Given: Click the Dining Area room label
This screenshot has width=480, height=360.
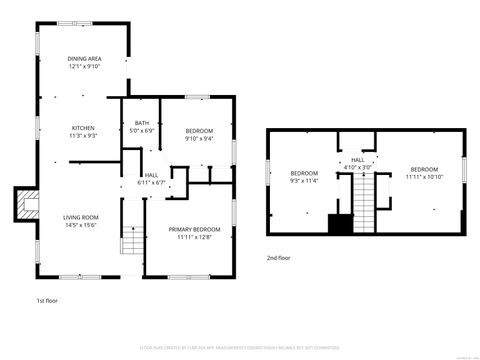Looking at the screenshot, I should (83, 59).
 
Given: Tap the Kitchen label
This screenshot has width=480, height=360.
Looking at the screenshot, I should (82, 127).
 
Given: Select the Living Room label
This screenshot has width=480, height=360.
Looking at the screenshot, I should (82, 217).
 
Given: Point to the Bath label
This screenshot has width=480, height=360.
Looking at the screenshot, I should (141, 124).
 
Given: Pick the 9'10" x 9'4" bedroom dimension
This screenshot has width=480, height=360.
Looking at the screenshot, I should (200, 139).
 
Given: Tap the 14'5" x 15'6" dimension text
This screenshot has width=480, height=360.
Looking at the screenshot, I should (82, 225).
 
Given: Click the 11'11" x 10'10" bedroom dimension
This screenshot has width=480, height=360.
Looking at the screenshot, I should (424, 177).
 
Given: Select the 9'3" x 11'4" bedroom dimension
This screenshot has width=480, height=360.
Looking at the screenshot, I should (304, 181).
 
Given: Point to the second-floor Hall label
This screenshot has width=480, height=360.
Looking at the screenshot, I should (357, 160).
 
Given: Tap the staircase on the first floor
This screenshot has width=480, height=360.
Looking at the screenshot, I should (132, 241).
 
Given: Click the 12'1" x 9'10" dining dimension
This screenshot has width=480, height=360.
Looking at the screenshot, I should (83, 66).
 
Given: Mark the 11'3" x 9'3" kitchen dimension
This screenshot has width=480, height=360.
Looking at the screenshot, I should (82, 135).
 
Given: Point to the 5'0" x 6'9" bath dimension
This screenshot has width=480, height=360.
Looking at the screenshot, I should (141, 131).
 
